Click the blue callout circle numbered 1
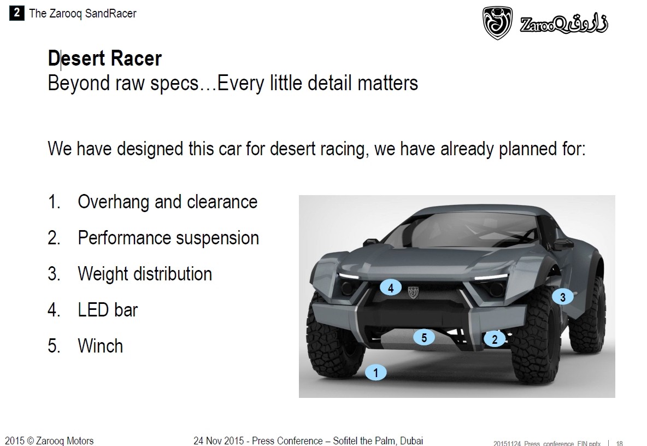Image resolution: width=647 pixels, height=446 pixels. [375, 373]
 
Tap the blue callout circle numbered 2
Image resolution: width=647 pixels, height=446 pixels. [495, 339]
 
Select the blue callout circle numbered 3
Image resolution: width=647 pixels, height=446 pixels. [562, 297]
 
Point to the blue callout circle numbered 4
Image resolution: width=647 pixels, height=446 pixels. [391, 287]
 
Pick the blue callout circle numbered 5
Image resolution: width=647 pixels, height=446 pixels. [424, 337]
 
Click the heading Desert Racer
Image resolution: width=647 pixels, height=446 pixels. [105, 58]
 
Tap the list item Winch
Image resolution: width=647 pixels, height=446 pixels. [100, 346]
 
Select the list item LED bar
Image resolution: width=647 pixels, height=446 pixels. [108, 310]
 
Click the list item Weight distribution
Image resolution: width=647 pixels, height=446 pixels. [145, 274]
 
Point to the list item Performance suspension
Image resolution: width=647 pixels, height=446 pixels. [168, 238]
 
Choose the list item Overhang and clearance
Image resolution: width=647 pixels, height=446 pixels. [168, 202]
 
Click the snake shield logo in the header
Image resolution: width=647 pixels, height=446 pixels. [497, 23]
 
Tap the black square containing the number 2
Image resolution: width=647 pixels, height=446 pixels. [16, 13]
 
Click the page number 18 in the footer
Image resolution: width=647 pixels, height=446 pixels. [619, 443]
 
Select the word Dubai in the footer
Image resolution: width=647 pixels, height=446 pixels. [411, 441]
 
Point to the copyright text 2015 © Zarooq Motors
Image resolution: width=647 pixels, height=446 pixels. [50, 441]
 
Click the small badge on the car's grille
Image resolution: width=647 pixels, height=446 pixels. [413, 292]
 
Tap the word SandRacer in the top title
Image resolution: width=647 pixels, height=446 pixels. [110, 14]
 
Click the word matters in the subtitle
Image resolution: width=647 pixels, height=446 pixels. [388, 83]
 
